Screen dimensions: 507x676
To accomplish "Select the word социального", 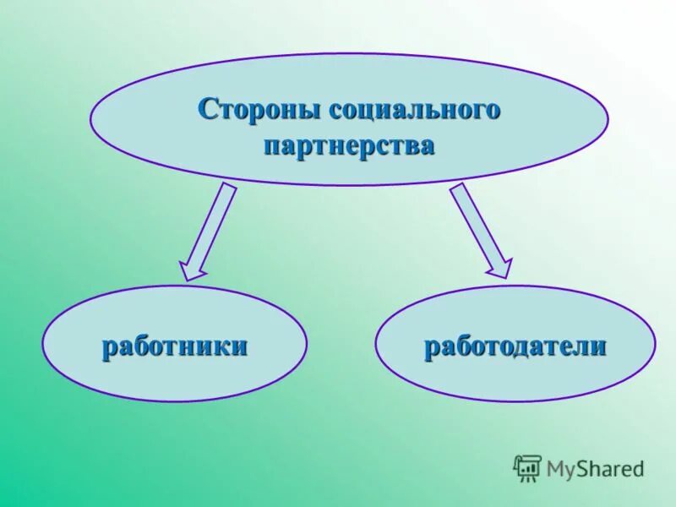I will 415,109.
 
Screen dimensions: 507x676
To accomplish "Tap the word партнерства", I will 349,145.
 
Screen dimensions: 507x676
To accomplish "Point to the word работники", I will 175,346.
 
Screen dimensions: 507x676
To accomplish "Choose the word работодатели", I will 515,346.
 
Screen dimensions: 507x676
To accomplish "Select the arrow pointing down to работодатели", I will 480,230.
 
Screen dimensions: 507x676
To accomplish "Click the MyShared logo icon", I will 527,467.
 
